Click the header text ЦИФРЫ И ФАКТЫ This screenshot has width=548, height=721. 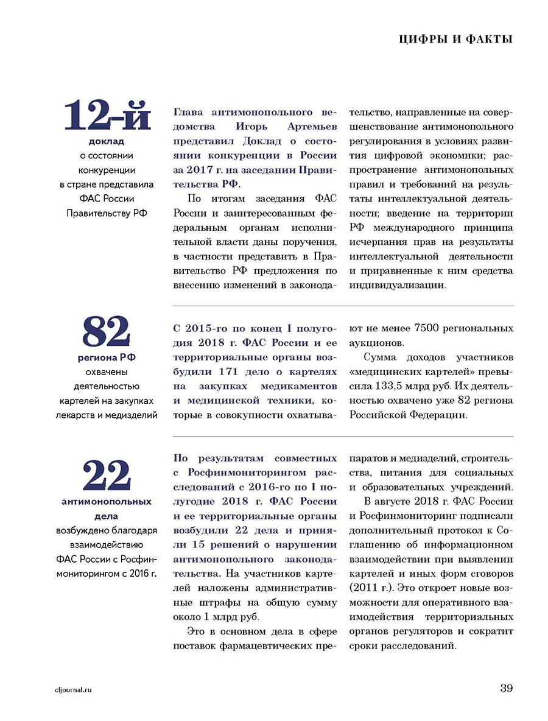click(x=455, y=40)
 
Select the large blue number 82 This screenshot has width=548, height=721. click(x=107, y=332)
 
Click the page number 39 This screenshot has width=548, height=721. click(x=507, y=688)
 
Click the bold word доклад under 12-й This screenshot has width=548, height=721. click(x=107, y=141)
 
